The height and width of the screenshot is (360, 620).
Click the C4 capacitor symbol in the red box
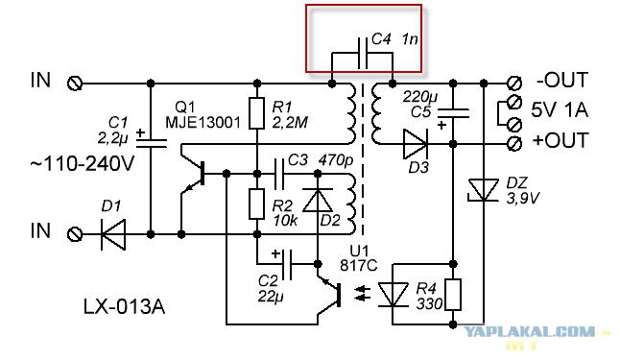click(363, 54)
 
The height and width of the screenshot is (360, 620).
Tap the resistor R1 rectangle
click(256, 113)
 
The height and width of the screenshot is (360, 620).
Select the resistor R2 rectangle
click(256, 204)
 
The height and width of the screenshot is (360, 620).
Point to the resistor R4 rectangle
click(453, 295)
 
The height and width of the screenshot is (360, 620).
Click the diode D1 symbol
click(113, 234)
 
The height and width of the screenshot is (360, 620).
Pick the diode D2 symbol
click(317, 201)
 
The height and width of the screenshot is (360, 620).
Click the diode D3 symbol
click(416, 144)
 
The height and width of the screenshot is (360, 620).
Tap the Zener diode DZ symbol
click(483, 190)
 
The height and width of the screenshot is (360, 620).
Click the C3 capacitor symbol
click(279, 174)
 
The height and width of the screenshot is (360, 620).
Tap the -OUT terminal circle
click(514, 84)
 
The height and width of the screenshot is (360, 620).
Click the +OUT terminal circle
click(514, 144)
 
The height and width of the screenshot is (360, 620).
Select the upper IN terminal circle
click(75, 84)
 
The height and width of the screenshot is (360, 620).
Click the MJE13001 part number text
click(203, 122)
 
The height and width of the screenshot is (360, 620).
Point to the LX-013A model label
click(124, 306)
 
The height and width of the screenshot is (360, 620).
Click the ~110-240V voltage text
click(83, 164)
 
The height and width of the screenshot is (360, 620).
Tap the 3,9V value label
click(523, 198)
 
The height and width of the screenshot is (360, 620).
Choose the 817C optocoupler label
click(359, 266)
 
